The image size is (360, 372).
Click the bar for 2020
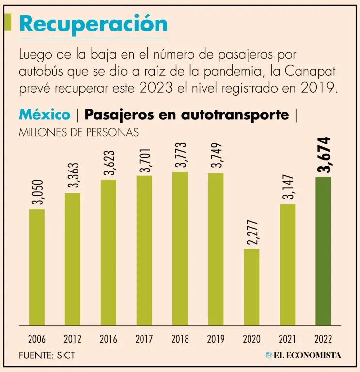(x=251, y=287)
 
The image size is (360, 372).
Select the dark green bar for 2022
(x=323, y=251)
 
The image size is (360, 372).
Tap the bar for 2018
(x=180, y=248)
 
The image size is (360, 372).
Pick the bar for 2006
(x=37, y=267)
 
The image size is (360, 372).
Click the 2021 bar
(x=287, y=264)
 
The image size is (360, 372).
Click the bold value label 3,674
(x=323, y=155)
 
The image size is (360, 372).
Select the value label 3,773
(x=180, y=155)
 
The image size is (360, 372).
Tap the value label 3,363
(x=73, y=176)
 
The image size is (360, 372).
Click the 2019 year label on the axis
(x=216, y=339)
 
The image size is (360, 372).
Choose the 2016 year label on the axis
(x=108, y=339)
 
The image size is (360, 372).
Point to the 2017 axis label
(x=144, y=339)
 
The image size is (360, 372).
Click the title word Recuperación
(x=93, y=23)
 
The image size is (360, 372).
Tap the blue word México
(x=45, y=115)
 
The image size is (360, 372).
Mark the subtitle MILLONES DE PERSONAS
(x=78, y=131)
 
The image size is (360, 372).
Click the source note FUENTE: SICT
(x=47, y=356)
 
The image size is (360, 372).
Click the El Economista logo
(x=303, y=355)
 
